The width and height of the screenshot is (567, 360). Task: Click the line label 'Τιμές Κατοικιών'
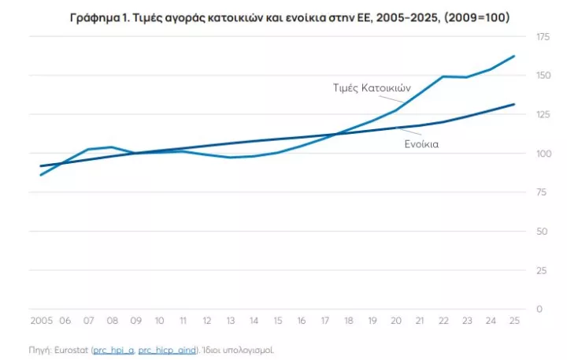point(368,87)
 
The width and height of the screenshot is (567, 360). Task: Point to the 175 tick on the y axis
point(543,37)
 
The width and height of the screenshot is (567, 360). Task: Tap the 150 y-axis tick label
point(543,76)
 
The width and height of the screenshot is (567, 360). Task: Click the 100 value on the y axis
point(543,154)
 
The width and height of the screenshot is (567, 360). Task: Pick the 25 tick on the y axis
point(541,270)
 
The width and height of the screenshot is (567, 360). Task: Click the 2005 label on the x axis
point(41,321)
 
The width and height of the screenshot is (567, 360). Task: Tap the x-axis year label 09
point(135,321)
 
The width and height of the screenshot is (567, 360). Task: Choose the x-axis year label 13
point(230,321)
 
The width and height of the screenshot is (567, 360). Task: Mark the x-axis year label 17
point(324,321)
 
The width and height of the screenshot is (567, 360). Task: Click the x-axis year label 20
point(395,321)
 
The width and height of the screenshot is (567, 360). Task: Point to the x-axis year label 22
point(443,321)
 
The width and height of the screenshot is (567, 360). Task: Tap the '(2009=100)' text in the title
point(470,17)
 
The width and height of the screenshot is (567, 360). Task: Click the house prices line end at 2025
point(514,56)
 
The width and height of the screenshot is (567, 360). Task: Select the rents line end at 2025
point(514,104)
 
